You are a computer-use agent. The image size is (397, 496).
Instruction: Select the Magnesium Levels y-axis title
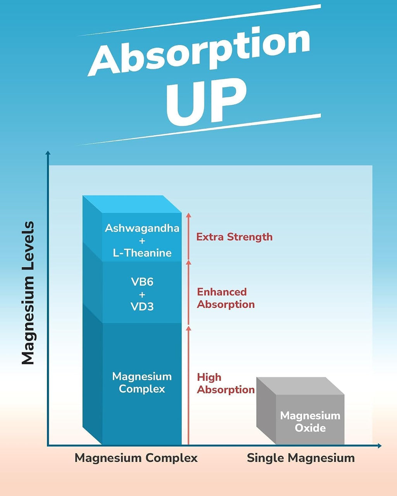28,293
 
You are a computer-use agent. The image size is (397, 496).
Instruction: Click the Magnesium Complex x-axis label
136,458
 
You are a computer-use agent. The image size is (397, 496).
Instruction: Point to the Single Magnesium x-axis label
301,458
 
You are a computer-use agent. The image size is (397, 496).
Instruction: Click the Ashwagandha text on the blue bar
142,228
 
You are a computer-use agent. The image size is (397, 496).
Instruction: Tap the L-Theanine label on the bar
142,253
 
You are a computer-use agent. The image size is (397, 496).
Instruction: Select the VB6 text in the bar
142,282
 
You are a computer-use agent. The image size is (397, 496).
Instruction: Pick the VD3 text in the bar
142,307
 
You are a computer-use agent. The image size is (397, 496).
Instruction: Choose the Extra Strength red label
235,237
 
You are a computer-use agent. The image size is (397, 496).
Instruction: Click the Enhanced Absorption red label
226,298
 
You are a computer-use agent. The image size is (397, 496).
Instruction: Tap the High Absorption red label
226,384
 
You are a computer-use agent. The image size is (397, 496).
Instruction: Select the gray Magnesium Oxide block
300,411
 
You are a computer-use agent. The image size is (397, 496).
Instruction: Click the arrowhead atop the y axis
48,153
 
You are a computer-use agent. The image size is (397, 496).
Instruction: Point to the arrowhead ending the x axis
380,446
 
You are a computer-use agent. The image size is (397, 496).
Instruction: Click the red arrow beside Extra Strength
189,236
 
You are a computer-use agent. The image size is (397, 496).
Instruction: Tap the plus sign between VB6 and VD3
142,294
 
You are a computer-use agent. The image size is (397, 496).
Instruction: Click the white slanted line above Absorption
199,20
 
